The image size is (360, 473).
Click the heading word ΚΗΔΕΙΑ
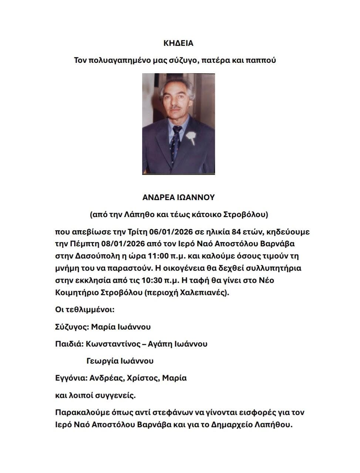pyautogui.click(x=178, y=43)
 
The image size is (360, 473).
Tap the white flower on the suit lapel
pyautogui.click(x=191, y=137)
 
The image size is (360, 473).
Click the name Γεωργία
pyautogui.click(x=102, y=361)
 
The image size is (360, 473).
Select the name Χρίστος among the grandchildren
pyautogui.click(x=142, y=378)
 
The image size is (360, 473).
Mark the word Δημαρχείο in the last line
pyautogui.click(x=232, y=425)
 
